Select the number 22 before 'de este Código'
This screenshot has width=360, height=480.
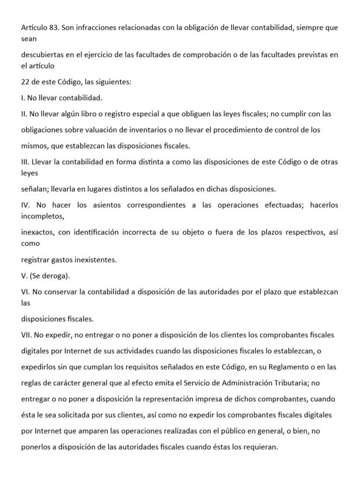coord(26,82)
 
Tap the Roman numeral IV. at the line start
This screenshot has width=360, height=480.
coord(26,205)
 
